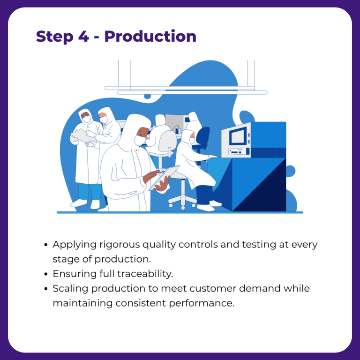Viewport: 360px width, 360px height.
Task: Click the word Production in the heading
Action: [150, 36]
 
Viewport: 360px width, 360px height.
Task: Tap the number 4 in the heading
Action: [83, 36]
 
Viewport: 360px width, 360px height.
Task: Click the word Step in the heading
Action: [55, 37]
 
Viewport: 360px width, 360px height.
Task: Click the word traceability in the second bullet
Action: [145, 274]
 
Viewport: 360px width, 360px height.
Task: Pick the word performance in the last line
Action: [202, 304]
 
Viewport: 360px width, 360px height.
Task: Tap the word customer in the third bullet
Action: [213, 289]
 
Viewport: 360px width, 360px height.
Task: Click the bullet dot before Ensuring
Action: [46, 274]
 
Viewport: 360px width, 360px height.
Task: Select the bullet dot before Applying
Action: [46, 245]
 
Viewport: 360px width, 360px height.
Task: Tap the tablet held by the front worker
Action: [164, 178]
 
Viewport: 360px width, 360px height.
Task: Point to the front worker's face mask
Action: [139, 140]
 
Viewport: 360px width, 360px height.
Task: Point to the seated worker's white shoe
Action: [206, 208]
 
